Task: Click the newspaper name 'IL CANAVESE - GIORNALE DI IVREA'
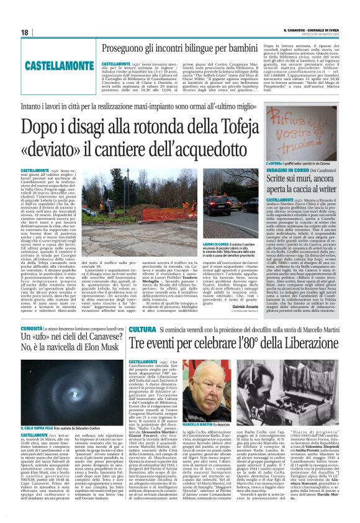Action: tap(310, 29)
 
